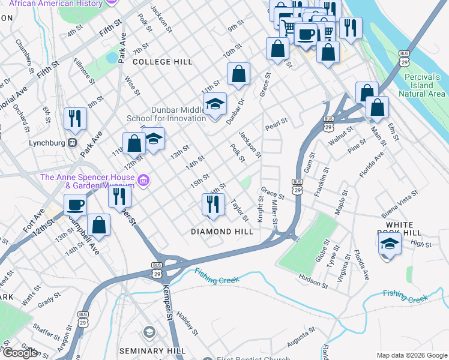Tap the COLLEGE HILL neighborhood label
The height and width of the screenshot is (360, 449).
pyautogui.click(x=162, y=62)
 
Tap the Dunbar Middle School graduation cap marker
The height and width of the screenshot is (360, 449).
pyautogui.click(x=214, y=104)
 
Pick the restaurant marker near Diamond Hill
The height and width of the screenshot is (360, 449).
pyautogui.click(x=212, y=205)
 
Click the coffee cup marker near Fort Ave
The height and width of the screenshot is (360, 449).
pyautogui.click(x=76, y=205)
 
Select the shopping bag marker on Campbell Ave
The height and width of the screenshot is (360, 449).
pyautogui.click(x=98, y=226)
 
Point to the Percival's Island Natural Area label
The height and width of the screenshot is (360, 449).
pyautogui.click(x=423, y=85)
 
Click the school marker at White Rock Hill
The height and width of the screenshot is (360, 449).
pyautogui.click(x=390, y=244)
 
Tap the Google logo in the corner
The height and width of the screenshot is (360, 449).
pyautogui.click(x=20, y=353)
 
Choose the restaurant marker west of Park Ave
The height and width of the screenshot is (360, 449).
pyautogui.click(x=75, y=118)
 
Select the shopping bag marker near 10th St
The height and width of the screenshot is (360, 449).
pyautogui.click(x=238, y=74)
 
